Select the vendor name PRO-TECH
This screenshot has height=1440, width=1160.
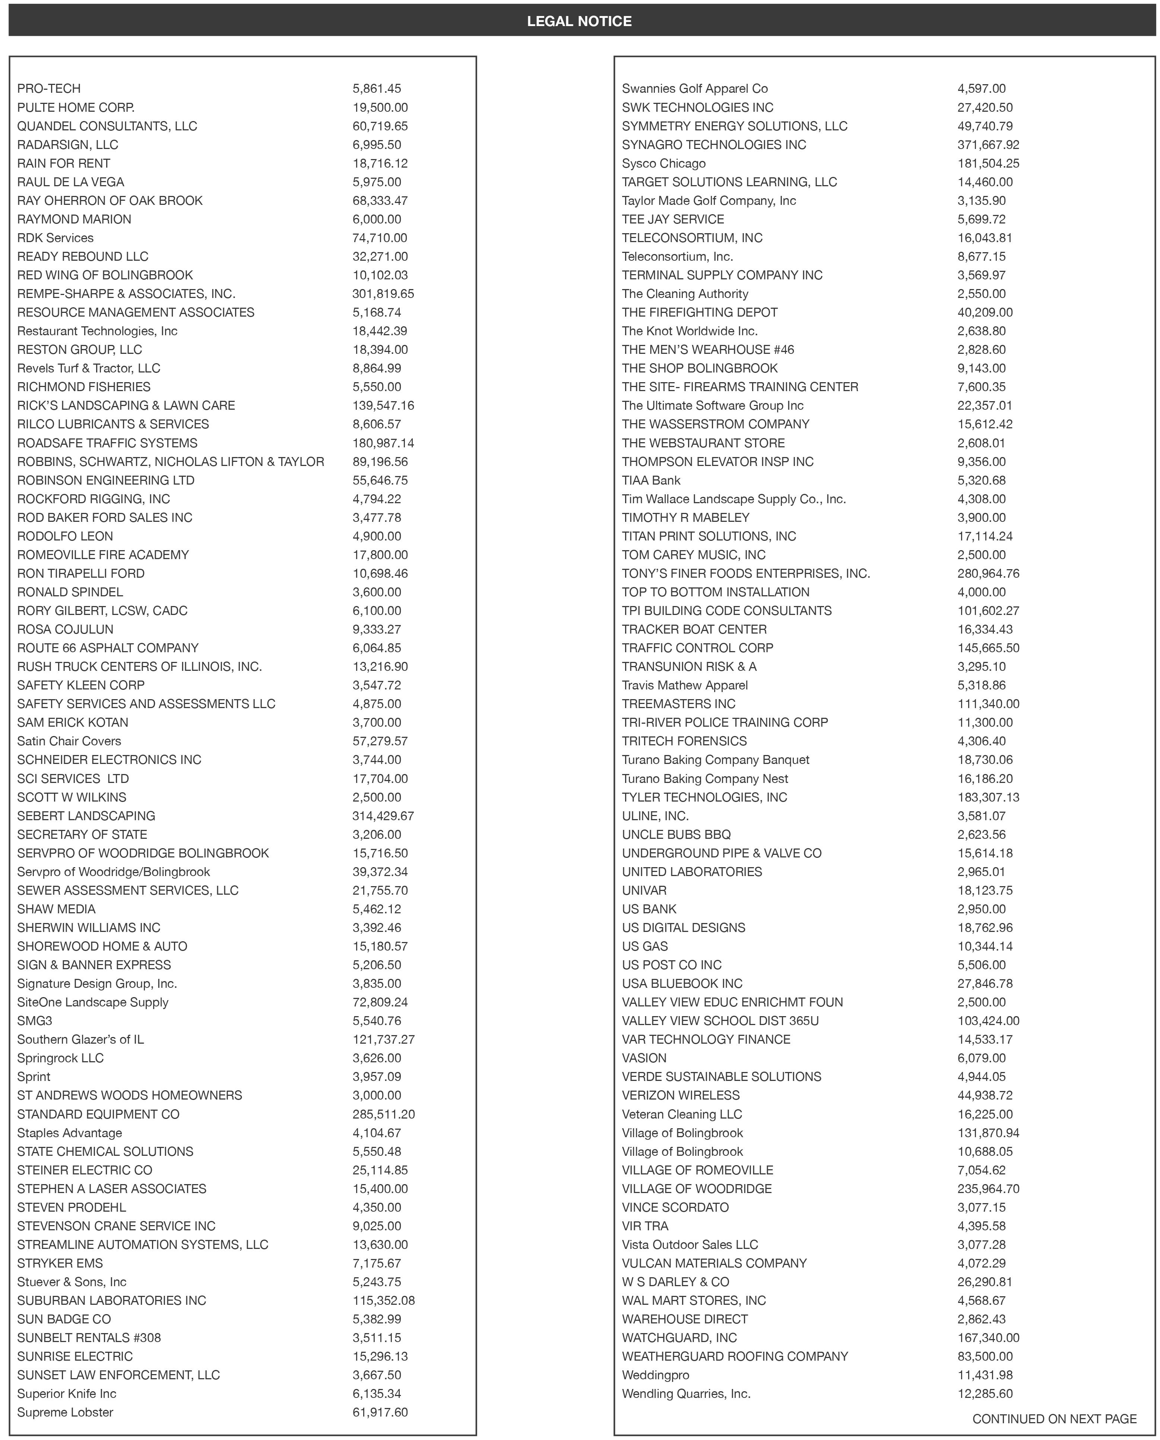[x=49, y=88]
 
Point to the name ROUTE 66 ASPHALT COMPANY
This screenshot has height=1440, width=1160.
[x=108, y=647]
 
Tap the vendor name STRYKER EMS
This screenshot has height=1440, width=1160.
[x=60, y=1263]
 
